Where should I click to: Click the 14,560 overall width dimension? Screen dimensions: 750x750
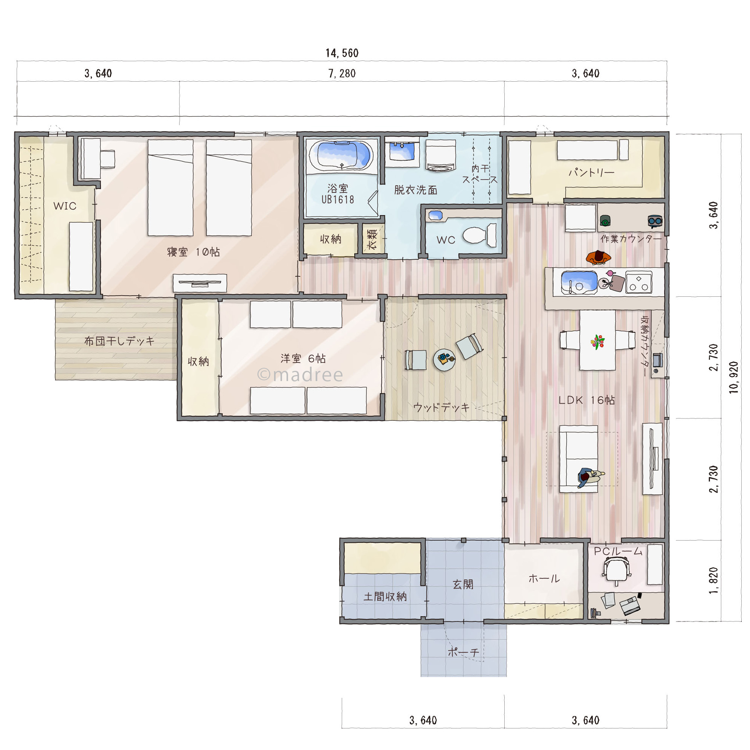(x=342, y=53)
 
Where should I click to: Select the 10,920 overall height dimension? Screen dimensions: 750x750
(x=733, y=377)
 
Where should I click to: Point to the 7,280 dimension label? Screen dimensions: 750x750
(x=342, y=73)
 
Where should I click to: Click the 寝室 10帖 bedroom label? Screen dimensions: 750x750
(x=193, y=252)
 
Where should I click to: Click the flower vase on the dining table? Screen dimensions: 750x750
(x=597, y=342)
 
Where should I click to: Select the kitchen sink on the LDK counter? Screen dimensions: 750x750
(x=579, y=283)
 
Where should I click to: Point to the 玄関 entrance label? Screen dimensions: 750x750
(x=463, y=584)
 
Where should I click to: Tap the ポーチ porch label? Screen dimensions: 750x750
(x=463, y=652)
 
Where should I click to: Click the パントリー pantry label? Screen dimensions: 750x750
(x=592, y=172)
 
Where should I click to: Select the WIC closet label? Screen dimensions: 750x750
(x=65, y=206)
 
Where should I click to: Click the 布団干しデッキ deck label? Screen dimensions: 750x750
(x=119, y=341)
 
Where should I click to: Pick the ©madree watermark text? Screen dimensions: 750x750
(x=300, y=375)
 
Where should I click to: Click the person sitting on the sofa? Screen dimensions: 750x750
(x=589, y=477)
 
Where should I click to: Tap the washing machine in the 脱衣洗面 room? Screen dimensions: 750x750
(x=441, y=155)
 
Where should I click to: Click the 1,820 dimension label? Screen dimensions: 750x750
(x=713, y=581)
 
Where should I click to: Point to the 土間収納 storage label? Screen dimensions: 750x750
(x=385, y=597)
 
